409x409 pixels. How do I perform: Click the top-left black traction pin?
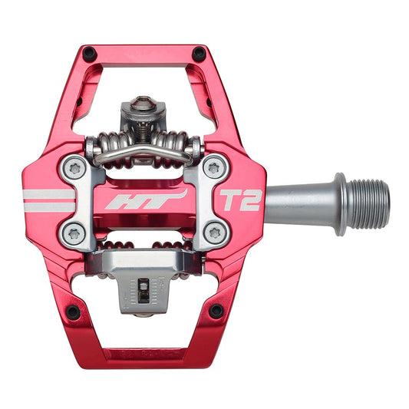pos(89,54)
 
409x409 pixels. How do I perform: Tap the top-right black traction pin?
pos(200,54)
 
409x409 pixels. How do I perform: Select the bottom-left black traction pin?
pos(72,312)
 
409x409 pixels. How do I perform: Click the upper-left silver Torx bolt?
pos(74,167)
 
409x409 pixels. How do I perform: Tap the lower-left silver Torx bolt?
pos(74,233)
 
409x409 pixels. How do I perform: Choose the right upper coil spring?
pos(181,146)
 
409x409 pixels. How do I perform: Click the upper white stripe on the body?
pos(48,193)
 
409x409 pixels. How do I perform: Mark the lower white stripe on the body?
pos(48,206)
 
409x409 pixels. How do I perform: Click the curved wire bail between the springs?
pos(143,153)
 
